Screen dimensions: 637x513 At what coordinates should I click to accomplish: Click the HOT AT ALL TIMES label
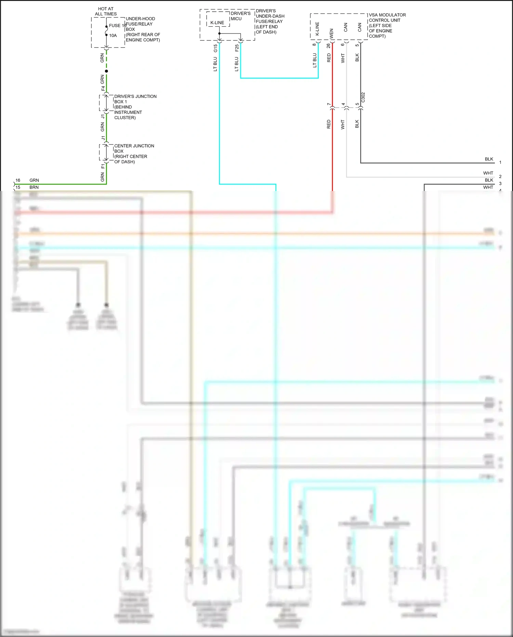tap(106, 11)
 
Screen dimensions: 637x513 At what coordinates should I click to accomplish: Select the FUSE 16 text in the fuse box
tap(117, 26)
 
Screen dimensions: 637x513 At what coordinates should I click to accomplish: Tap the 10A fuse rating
tap(113, 36)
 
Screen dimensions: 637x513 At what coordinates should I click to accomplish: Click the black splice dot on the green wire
tap(106, 71)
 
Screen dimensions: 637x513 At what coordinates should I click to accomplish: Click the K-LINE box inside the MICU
tap(218, 23)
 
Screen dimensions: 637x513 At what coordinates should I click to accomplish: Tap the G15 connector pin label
tap(215, 48)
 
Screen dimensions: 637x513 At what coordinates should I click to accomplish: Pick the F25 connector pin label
tap(237, 48)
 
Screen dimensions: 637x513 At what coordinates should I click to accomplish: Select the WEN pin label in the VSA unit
tap(331, 33)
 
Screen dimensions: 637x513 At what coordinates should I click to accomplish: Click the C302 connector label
tap(363, 97)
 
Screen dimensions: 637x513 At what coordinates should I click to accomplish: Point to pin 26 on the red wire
tap(328, 45)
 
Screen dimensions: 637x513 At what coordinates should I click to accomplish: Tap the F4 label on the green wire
tap(103, 88)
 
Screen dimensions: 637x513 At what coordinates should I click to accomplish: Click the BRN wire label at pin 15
tap(34, 187)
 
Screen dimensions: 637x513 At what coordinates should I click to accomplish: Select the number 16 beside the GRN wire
tap(18, 180)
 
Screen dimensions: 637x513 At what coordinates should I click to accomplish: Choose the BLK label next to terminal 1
tap(489, 159)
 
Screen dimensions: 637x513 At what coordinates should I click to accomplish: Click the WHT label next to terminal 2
tap(488, 173)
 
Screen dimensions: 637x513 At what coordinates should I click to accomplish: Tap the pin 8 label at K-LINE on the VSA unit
tap(314, 44)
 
